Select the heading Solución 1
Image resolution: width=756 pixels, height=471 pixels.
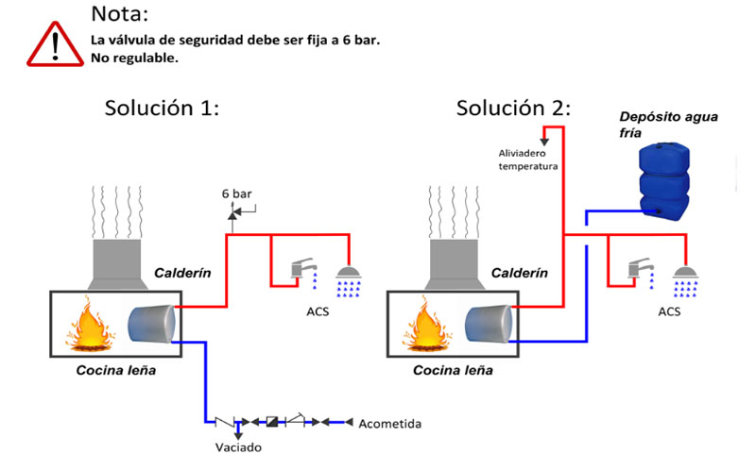(x=162, y=108)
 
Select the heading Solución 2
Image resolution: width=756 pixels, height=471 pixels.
(x=513, y=108)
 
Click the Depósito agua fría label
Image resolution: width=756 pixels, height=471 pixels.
(x=669, y=125)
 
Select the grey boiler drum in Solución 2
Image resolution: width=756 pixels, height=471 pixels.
(x=490, y=323)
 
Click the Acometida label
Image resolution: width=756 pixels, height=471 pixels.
(x=389, y=424)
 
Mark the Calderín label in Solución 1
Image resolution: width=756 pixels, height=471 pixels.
(x=182, y=274)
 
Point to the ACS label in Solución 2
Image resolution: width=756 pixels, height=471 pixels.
(x=667, y=311)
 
